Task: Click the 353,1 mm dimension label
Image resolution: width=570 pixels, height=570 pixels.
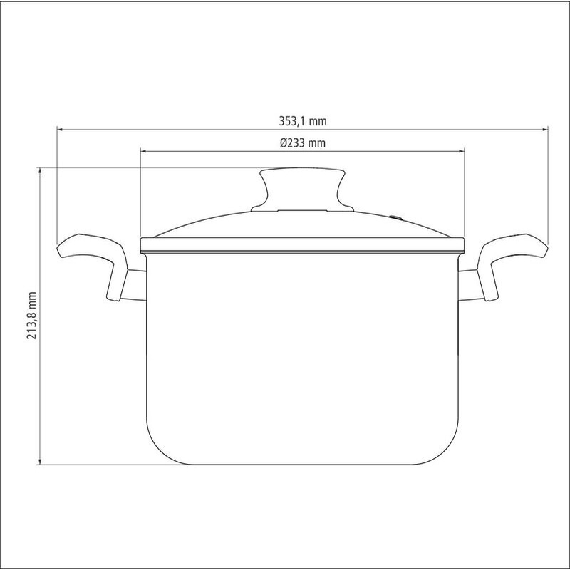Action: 302,121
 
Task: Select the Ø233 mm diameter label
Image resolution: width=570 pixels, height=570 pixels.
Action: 302,143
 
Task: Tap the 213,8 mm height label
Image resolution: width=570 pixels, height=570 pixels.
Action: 32,316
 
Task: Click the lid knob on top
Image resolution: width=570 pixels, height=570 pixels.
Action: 302,189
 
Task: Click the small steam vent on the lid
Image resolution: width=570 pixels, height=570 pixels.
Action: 396,218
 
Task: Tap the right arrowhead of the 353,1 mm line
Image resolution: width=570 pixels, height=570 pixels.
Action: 544,129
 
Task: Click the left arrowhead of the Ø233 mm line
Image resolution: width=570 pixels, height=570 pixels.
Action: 144,151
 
